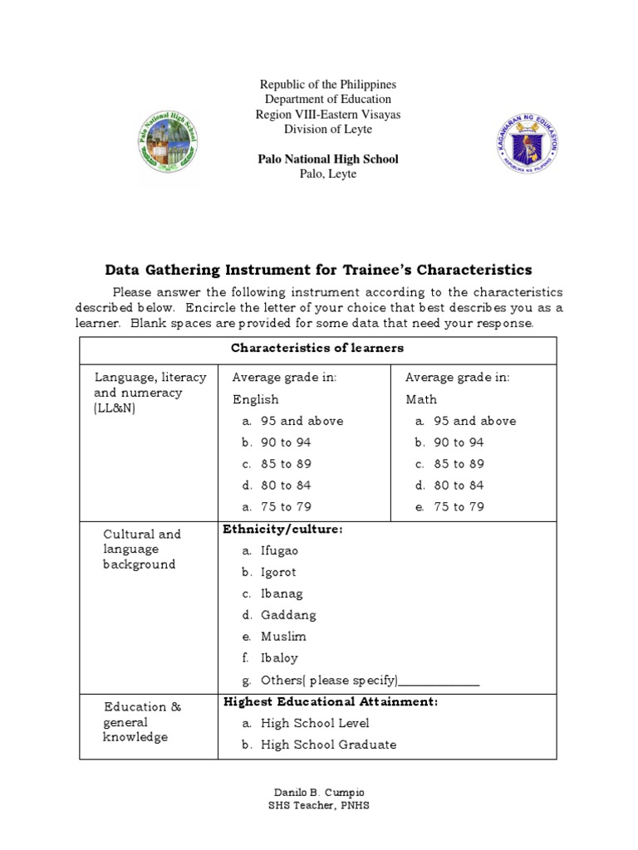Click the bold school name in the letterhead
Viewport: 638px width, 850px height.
(327, 159)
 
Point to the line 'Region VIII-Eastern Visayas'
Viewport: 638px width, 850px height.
(327, 115)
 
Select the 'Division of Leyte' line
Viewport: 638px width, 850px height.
(327, 129)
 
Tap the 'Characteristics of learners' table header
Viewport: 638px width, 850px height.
(317, 348)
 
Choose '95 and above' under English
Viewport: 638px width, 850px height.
(301, 421)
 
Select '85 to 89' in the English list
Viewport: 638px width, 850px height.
(286, 464)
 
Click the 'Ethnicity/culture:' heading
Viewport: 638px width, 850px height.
(283, 529)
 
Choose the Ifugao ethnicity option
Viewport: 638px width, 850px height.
(279, 550)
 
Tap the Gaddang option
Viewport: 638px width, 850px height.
(287, 615)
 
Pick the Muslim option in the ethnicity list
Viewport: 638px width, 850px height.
(283, 637)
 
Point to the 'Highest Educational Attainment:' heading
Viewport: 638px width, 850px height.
(331, 701)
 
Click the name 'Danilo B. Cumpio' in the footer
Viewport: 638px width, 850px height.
(319, 792)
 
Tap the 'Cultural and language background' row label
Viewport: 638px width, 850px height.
(140, 549)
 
